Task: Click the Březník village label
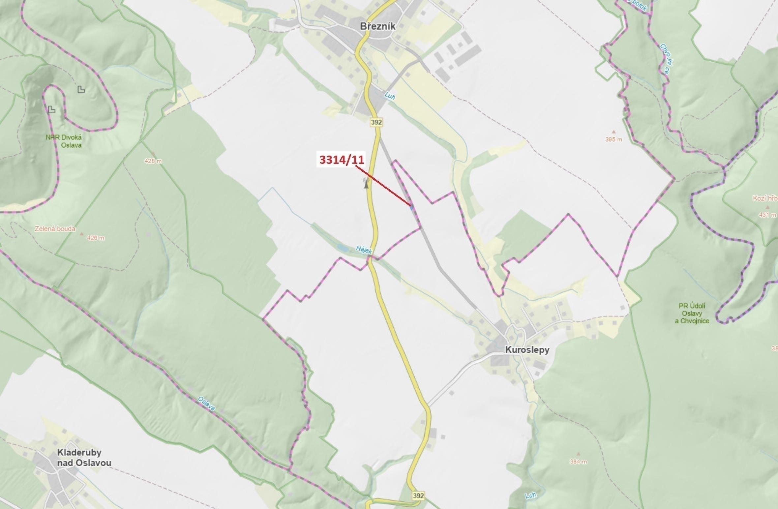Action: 377,26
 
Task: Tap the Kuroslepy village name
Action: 527,350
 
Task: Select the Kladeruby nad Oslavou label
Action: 84,458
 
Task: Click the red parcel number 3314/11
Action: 342,160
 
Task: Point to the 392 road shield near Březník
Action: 376,122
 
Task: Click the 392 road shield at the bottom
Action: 418,495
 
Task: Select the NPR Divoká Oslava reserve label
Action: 64,141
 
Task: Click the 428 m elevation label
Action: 153,161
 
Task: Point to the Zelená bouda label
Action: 55,228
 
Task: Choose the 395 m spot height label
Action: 613,139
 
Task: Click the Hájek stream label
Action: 364,249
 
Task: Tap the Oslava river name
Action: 206,404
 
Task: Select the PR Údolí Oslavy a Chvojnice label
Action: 692,313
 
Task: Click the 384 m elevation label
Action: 579,462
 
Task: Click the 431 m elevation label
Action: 767,215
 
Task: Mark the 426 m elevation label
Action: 95,238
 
